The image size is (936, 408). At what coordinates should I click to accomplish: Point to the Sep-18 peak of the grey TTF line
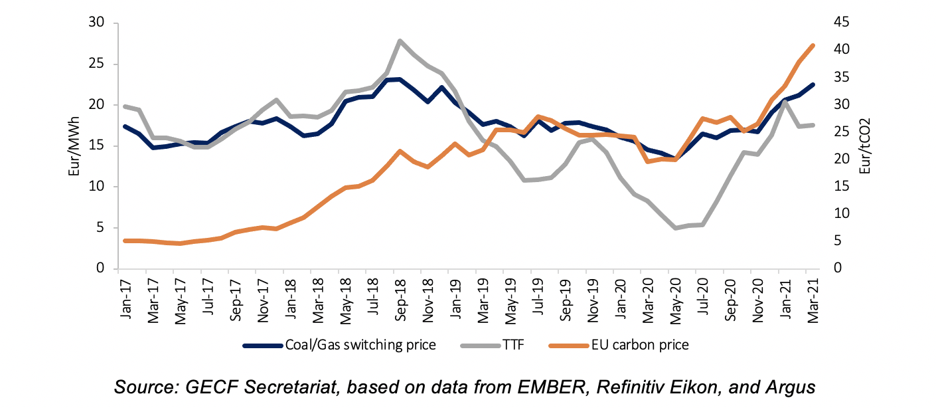pos(400,41)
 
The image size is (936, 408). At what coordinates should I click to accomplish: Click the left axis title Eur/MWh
pos(75,146)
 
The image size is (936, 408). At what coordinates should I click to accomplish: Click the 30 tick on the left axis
pos(98,23)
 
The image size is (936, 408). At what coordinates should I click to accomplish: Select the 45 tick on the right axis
pos(840,23)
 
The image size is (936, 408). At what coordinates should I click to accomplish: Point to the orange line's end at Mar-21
pos(814,46)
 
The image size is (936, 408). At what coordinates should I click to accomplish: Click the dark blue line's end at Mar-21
pos(814,84)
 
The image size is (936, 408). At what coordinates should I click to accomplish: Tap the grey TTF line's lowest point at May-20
pos(676,228)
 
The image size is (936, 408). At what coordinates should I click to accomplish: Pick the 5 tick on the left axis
pos(102,228)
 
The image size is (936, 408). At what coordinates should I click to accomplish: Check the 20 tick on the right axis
pos(840,159)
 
